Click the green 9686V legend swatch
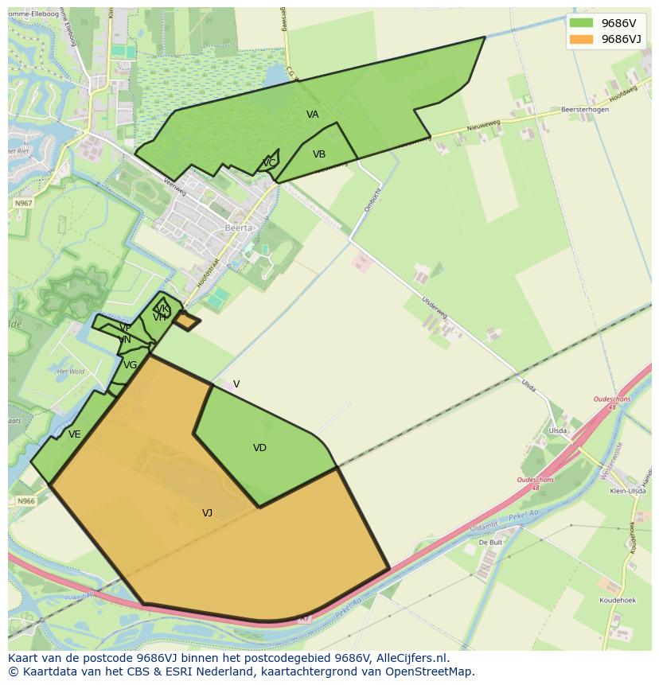pyautogui.click(x=581, y=23)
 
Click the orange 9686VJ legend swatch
pyautogui.click(x=581, y=39)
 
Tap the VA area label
pyautogui.click(x=313, y=115)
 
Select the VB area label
pyautogui.click(x=319, y=154)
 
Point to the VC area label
pyautogui.click(x=269, y=163)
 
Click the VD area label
pyautogui.click(x=259, y=448)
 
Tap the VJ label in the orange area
pyautogui.click(x=207, y=513)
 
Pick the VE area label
pyautogui.click(x=75, y=434)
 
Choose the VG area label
pyautogui.click(x=131, y=365)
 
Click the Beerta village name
pyautogui.click(x=238, y=228)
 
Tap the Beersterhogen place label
pyautogui.click(x=584, y=110)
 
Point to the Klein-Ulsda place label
pyautogui.click(x=627, y=492)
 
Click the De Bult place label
pyautogui.click(x=490, y=542)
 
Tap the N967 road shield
pyautogui.click(x=23, y=204)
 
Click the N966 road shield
pyautogui.click(x=26, y=501)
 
